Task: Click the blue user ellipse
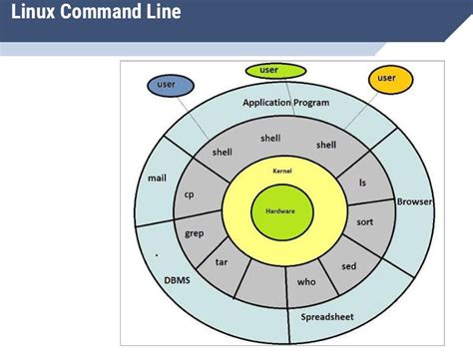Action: click(x=167, y=86)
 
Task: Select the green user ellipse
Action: click(x=269, y=71)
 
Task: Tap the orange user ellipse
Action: click(x=388, y=78)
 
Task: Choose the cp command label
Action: click(x=189, y=194)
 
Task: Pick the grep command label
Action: click(x=195, y=233)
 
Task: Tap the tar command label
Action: click(x=223, y=262)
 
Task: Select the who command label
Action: click(x=306, y=281)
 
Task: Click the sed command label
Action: click(x=348, y=266)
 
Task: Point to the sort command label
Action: click(x=365, y=221)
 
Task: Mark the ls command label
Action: click(x=363, y=182)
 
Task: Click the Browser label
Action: click(x=414, y=201)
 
